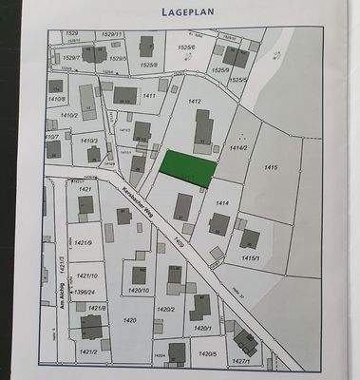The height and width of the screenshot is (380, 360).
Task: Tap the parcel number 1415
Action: click(270, 167)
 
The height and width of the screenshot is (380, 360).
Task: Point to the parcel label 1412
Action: click(196, 101)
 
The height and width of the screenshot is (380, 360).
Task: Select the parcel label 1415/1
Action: click(251, 257)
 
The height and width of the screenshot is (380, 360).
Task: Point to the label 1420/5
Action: click(208, 353)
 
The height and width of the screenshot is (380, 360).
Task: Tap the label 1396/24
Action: click(86, 293)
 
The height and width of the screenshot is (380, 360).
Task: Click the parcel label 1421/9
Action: click(85, 242)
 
